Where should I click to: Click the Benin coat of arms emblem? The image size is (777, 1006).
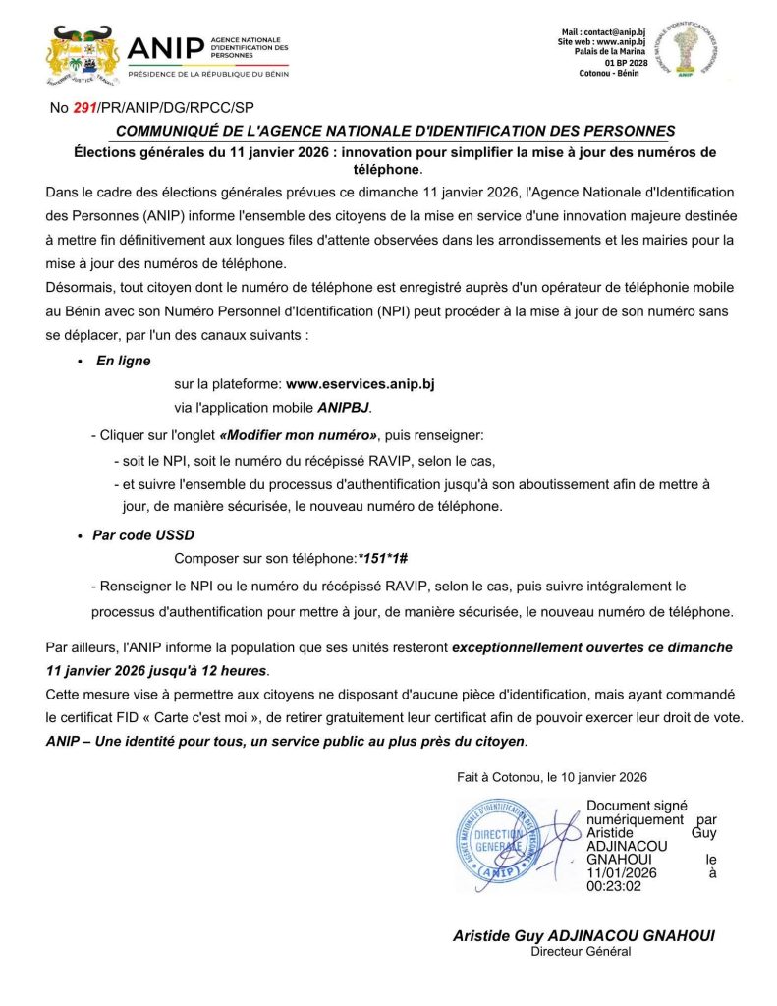83,55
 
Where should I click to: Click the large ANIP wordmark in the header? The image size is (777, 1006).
166,48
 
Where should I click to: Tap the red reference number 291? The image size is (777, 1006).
85,108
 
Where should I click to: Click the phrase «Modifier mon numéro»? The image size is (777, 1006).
299,434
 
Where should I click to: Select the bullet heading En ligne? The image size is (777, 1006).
123,361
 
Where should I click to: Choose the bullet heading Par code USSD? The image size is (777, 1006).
143,535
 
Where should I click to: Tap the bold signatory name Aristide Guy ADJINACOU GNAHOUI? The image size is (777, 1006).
583,935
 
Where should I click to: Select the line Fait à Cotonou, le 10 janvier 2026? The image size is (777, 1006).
552,776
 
